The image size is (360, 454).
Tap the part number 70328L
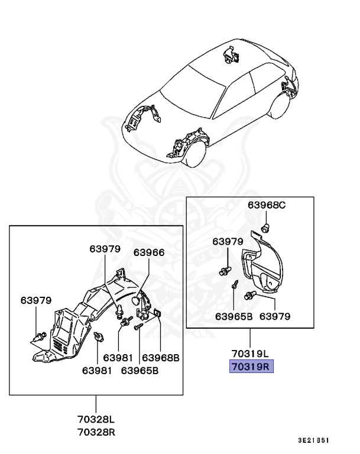point(96,419)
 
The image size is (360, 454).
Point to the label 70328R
point(96,431)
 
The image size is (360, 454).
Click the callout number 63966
point(149,252)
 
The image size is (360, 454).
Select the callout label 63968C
point(267,205)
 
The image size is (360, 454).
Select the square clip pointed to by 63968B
point(158,313)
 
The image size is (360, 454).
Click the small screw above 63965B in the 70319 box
point(235,284)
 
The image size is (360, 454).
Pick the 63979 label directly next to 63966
point(105,248)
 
